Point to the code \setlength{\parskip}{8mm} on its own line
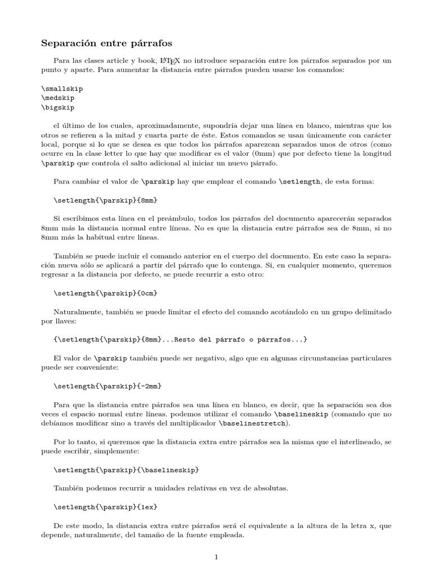point(104,200)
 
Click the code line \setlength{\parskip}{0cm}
point(104,293)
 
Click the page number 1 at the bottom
point(216,558)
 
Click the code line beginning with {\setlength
point(180,339)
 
